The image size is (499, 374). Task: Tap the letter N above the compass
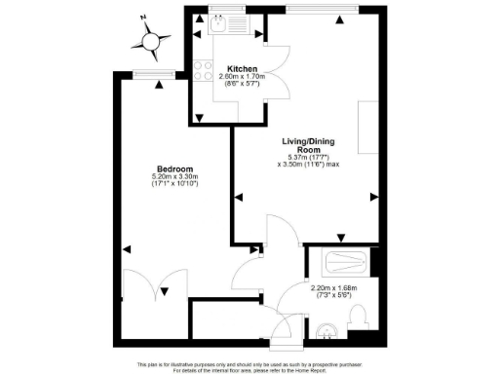(142, 17)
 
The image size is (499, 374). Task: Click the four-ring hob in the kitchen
(205, 70)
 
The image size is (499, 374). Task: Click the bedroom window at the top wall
(147, 74)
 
